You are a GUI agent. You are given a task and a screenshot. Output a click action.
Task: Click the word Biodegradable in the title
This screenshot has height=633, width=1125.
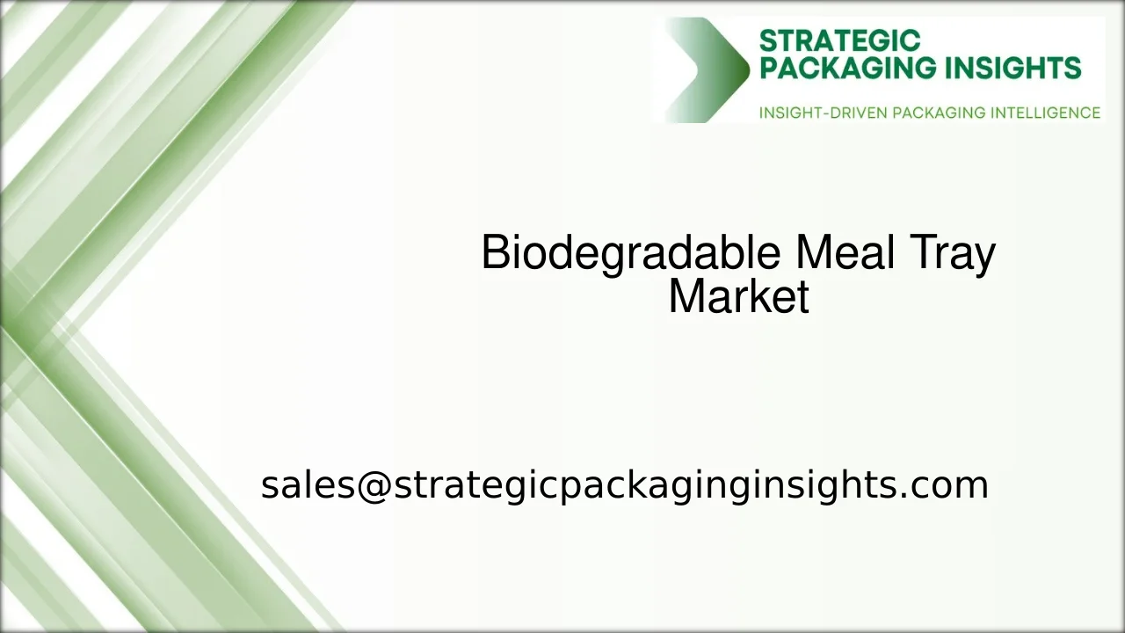[630, 253]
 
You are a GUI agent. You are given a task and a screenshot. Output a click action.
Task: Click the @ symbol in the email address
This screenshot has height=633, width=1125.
[374, 484]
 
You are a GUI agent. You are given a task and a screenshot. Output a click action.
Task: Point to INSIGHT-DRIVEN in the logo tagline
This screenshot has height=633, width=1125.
[822, 113]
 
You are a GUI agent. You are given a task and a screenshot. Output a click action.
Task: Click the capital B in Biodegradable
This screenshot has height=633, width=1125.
[496, 253]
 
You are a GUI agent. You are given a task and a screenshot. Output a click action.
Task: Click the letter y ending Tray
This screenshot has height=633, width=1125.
[985, 257]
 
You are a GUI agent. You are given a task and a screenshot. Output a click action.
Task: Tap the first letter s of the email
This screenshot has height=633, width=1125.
[269, 486]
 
